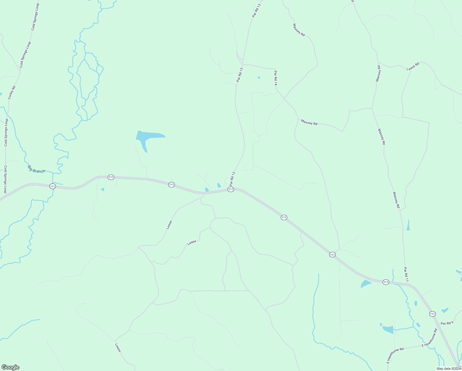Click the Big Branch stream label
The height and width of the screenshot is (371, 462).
[36, 169]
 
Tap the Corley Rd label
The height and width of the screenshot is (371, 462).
[12, 92]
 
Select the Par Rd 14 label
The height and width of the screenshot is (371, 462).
[275, 78]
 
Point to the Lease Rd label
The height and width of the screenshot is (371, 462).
[413, 66]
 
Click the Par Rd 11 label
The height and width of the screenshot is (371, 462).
[406, 274]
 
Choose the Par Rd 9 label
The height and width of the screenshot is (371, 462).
[447, 323]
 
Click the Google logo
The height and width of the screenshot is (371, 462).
[10, 367]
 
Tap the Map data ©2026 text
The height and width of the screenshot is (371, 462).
[448, 369]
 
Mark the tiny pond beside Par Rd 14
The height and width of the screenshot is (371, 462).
[259, 77]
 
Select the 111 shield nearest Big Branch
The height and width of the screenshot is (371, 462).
[52, 186]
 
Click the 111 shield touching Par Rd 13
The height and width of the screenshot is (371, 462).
[230, 189]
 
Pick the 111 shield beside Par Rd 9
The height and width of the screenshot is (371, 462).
[432, 314]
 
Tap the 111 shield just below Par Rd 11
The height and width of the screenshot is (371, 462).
[386, 282]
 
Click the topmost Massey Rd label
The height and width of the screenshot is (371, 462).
[299, 30]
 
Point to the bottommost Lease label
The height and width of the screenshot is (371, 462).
[118, 348]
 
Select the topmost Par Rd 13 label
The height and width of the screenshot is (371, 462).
[256, 10]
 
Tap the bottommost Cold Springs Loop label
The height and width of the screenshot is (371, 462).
[5, 179]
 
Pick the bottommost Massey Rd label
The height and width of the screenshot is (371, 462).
[396, 200]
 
